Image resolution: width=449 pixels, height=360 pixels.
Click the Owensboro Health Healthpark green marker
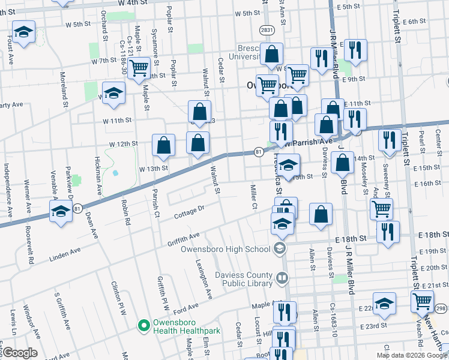click(x=143, y=326)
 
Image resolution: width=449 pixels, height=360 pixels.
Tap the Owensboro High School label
click(x=231, y=249)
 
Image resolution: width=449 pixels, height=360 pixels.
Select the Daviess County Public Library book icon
click(x=281, y=278)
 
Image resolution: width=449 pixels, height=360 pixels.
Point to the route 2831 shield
click(x=267, y=29)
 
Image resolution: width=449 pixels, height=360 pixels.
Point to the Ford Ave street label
click(x=185, y=308)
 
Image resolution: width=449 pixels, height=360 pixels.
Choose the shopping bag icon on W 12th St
click(x=164, y=144)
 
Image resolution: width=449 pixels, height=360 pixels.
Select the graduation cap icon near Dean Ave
click(x=61, y=212)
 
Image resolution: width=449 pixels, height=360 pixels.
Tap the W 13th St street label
click(x=153, y=169)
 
